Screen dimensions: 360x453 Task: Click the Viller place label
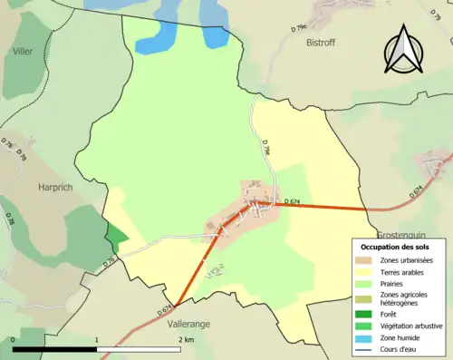(x=22, y=52)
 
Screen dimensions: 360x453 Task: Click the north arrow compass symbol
(x=404, y=53)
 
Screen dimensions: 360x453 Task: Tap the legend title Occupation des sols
(x=396, y=247)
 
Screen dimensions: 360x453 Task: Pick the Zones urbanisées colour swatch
(x=365, y=261)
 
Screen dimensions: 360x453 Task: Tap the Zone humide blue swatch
(x=365, y=337)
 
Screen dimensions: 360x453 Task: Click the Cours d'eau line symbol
(x=365, y=348)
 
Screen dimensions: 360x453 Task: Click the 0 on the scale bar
(x=14, y=341)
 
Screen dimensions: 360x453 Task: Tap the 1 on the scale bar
(x=98, y=341)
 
